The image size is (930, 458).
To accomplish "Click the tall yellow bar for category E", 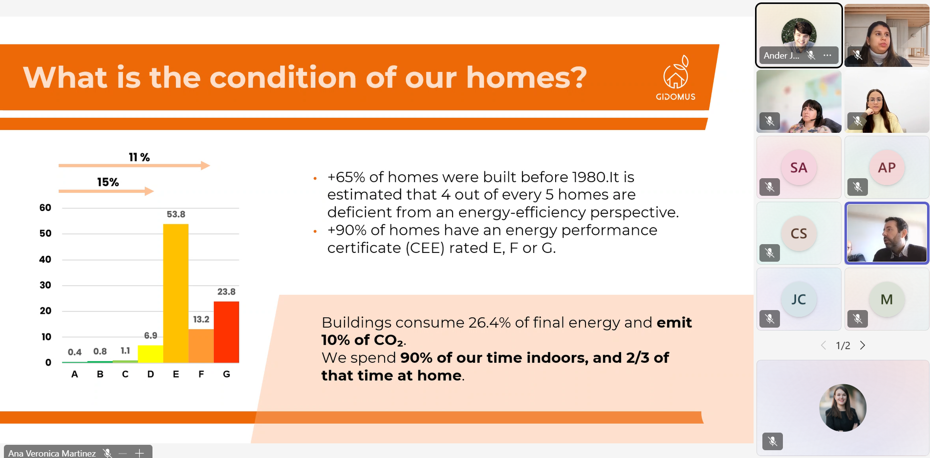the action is pyautogui.click(x=176, y=293).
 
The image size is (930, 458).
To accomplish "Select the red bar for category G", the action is pyautogui.click(x=226, y=332).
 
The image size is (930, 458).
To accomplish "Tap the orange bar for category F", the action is pyautogui.click(x=201, y=346).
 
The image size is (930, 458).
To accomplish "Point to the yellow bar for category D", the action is pyautogui.click(x=151, y=354).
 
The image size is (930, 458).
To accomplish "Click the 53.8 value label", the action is pyautogui.click(x=176, y=214).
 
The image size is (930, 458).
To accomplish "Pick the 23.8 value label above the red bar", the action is pyautogui.click(x=226, y=291).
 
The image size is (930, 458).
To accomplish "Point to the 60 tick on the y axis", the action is pyautogui.click(x=45, y=208).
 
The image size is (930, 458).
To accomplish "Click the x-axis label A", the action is pyautogui.click(x=75, y=374).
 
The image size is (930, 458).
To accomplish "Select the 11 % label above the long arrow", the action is pyautogui.click(x=139, y=157).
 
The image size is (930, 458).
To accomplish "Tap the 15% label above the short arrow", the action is pyautogui.click(x=108, y=182).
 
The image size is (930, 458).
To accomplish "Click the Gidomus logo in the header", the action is pyautogui.click(x=676, y=78).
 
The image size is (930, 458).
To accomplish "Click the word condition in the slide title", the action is pyautogui.click(x=283, y=78).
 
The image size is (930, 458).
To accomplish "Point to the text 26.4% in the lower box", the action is pyautogui.click(x=489, y=322).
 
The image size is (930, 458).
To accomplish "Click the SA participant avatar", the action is pyautogui.click(x=799, y=167).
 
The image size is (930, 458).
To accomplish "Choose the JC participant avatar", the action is pyautogui.click(x=799, y=299).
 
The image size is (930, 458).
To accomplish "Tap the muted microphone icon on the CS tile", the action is pyautogui.click(x=770, y=253).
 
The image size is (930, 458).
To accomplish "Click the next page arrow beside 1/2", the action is pyautogui.click(x=863, y=346).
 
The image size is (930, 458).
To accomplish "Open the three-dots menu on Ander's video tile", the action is pyautogui.click(x=827, y=55).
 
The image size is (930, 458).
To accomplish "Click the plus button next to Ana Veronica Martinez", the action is pyautogui.click(x=139, y=453).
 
